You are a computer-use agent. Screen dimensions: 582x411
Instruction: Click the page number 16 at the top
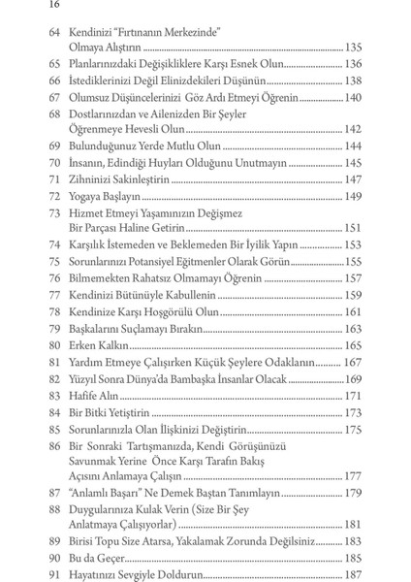[x=27, y=8]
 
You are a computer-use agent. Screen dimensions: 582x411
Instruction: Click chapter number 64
[x=55, y=32]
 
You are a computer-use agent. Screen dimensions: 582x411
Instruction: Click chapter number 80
[x=55, y=345]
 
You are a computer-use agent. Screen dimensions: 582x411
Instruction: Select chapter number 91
[x=55, y=575]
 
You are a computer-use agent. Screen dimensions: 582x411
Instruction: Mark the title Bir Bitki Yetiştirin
[x=113, y=412]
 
